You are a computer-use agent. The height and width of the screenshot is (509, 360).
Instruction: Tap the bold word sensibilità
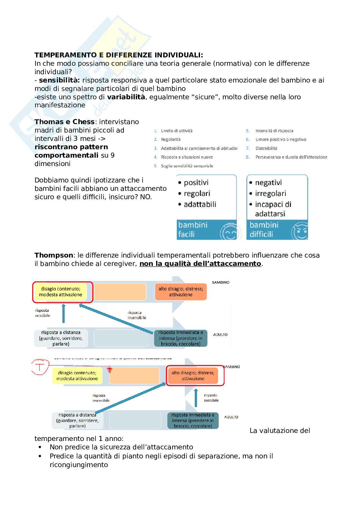[x=59, y=80]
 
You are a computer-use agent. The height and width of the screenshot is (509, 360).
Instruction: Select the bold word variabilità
[x=126, y=97]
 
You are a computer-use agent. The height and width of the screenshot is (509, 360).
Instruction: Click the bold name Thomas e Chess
[x=64, y=122]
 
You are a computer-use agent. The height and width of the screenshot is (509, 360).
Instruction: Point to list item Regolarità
[x=171, y=140]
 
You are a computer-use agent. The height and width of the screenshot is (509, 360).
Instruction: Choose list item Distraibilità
[x=266, y=148]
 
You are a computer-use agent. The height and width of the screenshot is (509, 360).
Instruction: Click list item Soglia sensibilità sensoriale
[x=187, y=166]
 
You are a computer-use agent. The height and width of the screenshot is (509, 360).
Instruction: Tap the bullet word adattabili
[x=200, y=204]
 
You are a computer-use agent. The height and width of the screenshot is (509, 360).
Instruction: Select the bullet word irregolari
[x=270, y=193]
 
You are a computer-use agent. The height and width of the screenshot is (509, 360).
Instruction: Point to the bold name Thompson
[x=54, y=255]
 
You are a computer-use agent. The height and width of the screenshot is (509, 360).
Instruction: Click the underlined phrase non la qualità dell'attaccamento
[x=200, y=264]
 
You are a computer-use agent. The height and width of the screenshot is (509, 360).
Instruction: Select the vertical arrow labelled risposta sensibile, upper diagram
[x=63, y=313]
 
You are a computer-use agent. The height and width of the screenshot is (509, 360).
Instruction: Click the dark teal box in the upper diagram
[x=181, y=338]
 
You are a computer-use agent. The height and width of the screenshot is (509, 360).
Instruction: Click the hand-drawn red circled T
[x=40, y=367]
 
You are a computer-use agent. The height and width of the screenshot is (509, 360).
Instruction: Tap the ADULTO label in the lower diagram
[x=231, y=417]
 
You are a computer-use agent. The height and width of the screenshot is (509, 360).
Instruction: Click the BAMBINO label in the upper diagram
[x=221, y=282]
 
